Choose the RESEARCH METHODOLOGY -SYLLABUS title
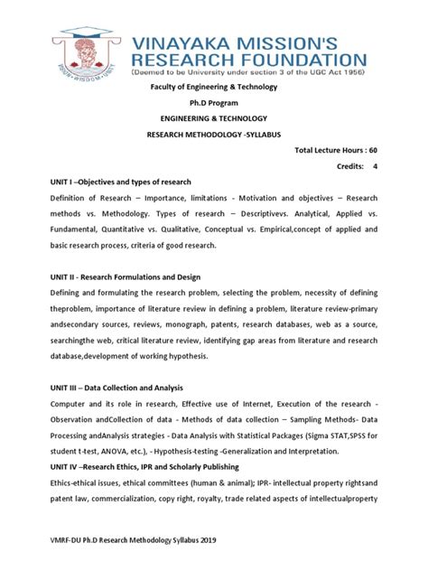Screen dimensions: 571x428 213,134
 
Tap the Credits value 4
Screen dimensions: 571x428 375,166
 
